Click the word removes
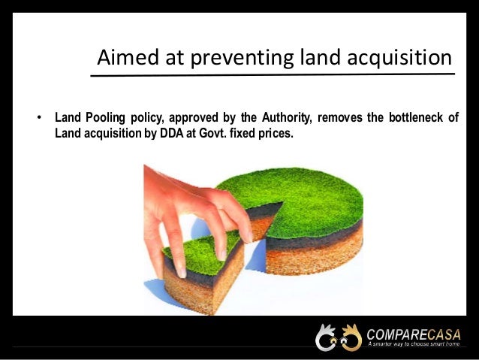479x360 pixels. (336, 118)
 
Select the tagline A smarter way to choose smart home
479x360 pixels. (414, 344)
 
